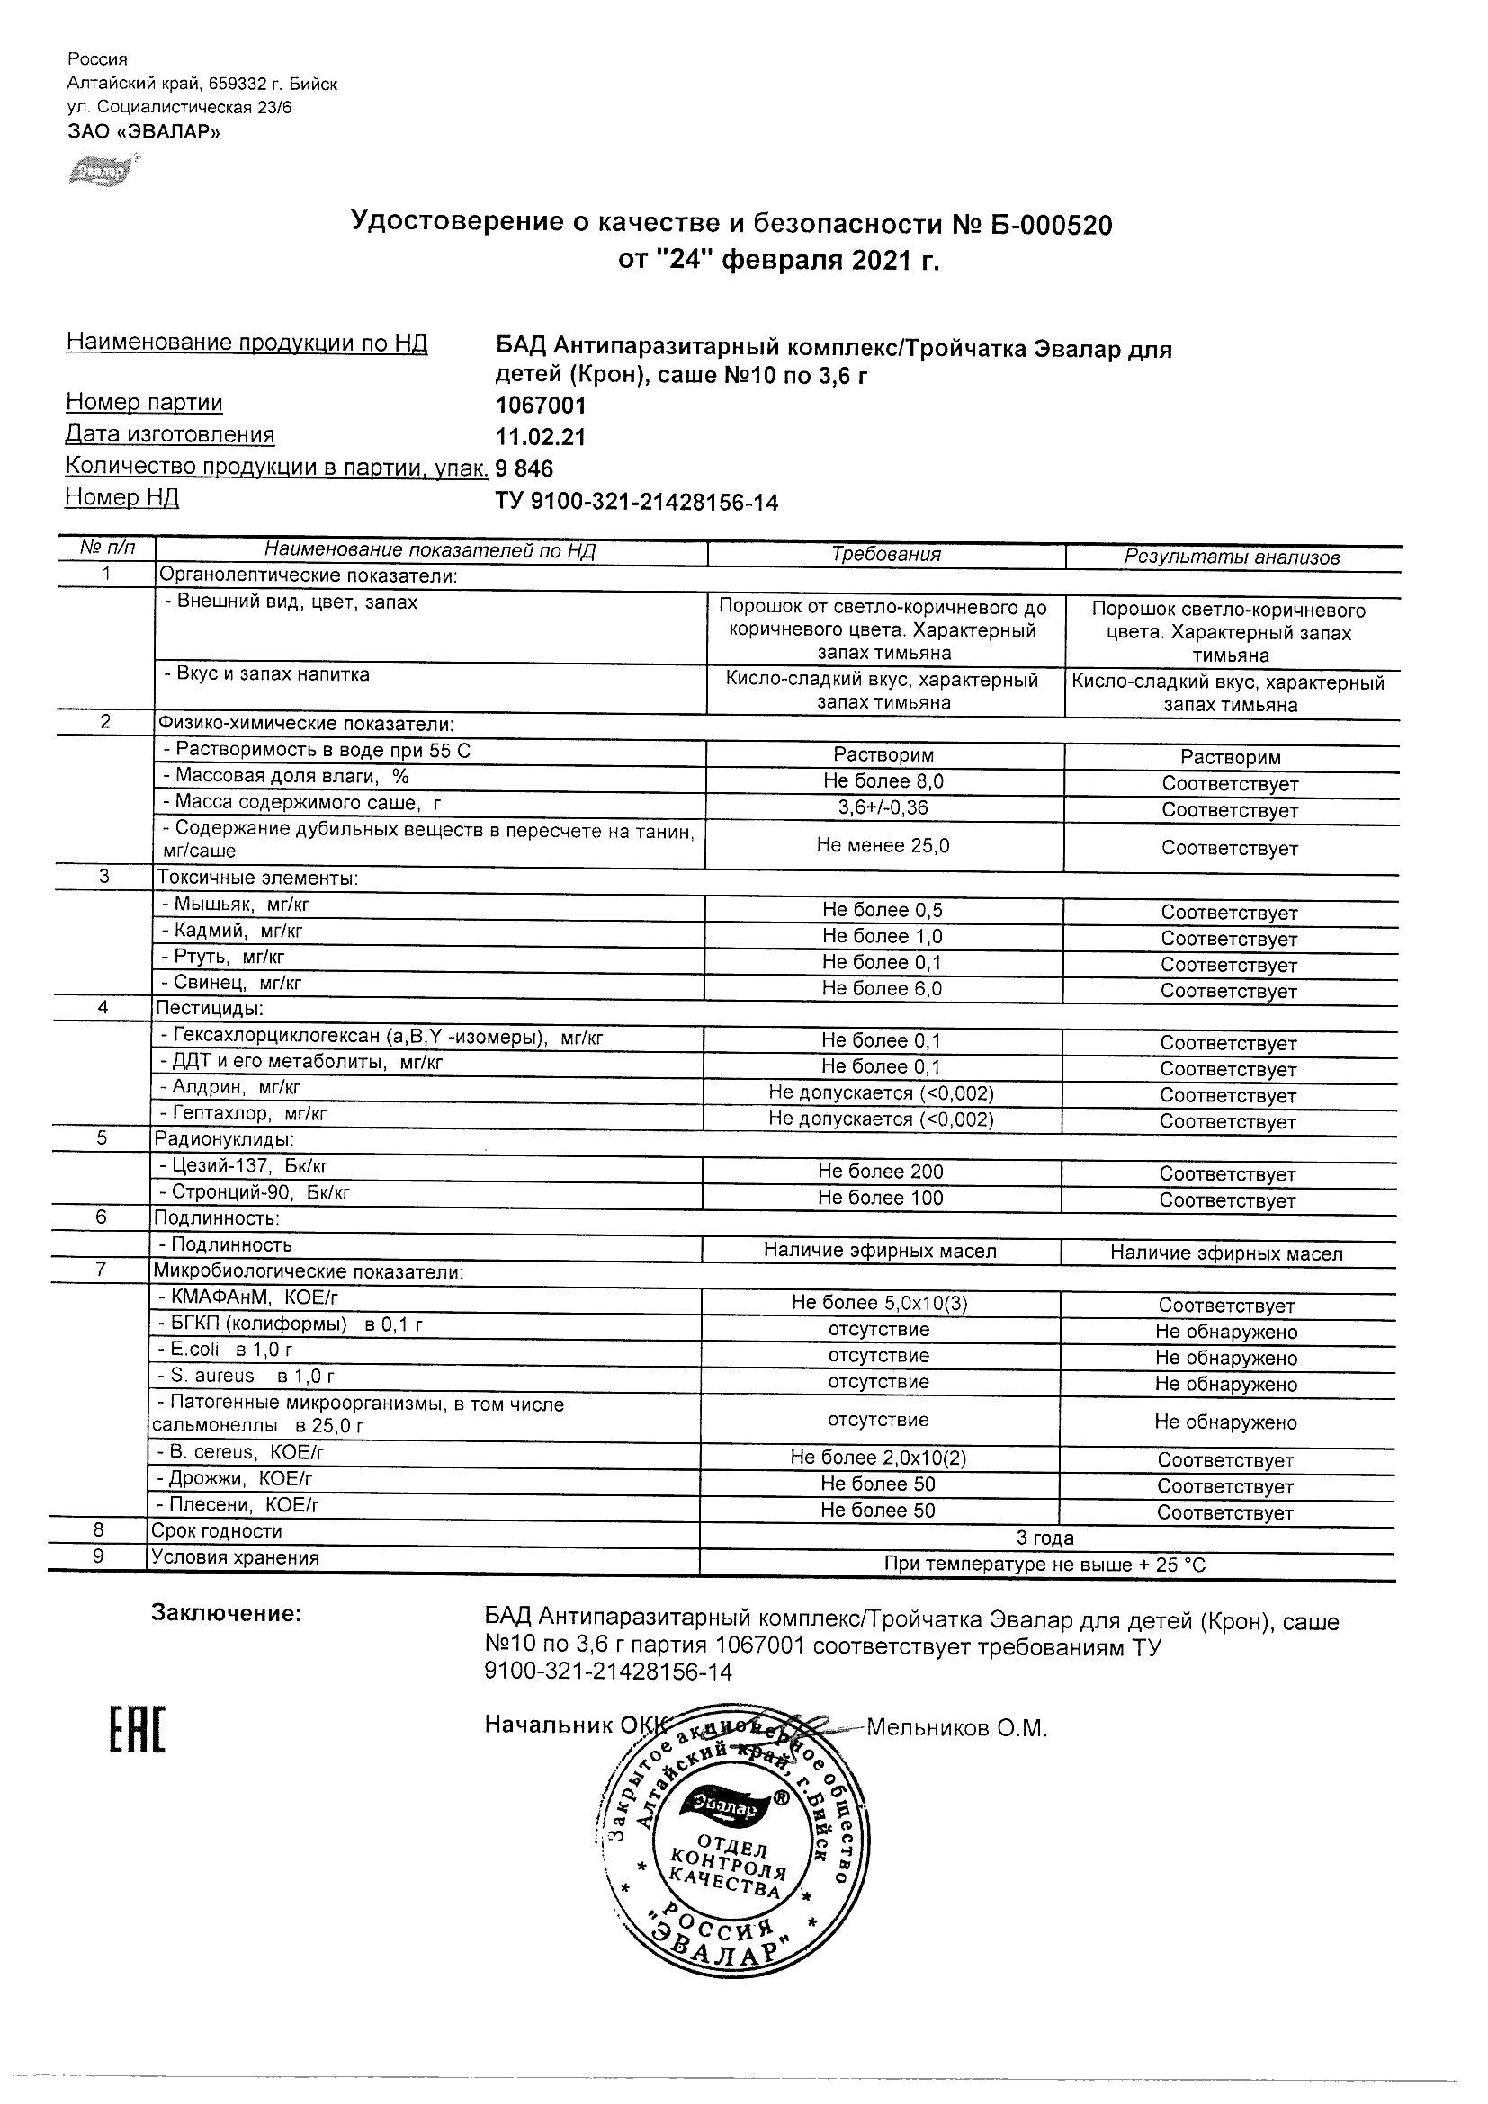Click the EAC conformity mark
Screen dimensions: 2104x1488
(138, 1731)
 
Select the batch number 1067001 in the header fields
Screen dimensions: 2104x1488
(540, 405)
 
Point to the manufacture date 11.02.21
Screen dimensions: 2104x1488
(540, 437)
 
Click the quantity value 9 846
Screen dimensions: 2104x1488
(524, 469)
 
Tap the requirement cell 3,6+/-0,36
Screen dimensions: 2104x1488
(883, 807)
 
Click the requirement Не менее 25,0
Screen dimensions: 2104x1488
(883, 846)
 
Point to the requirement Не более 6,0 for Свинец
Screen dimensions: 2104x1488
(882, 989)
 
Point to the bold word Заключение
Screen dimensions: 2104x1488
(226, 1614)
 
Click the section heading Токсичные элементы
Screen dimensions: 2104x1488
(256, 878)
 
